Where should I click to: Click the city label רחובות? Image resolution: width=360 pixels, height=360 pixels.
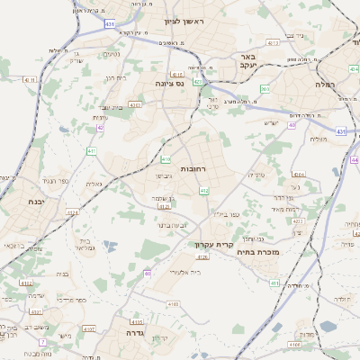(x=194, y=168)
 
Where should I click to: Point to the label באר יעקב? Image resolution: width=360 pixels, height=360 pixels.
(x=249, y=61)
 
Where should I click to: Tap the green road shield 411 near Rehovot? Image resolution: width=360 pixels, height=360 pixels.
(x=92, y=151)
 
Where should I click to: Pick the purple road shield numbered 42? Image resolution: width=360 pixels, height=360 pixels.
(x=101, y=128)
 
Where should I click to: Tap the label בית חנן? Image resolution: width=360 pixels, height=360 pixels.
(x=111, y=77)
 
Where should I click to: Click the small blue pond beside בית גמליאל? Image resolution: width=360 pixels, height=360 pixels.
(x=111, y=245)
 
